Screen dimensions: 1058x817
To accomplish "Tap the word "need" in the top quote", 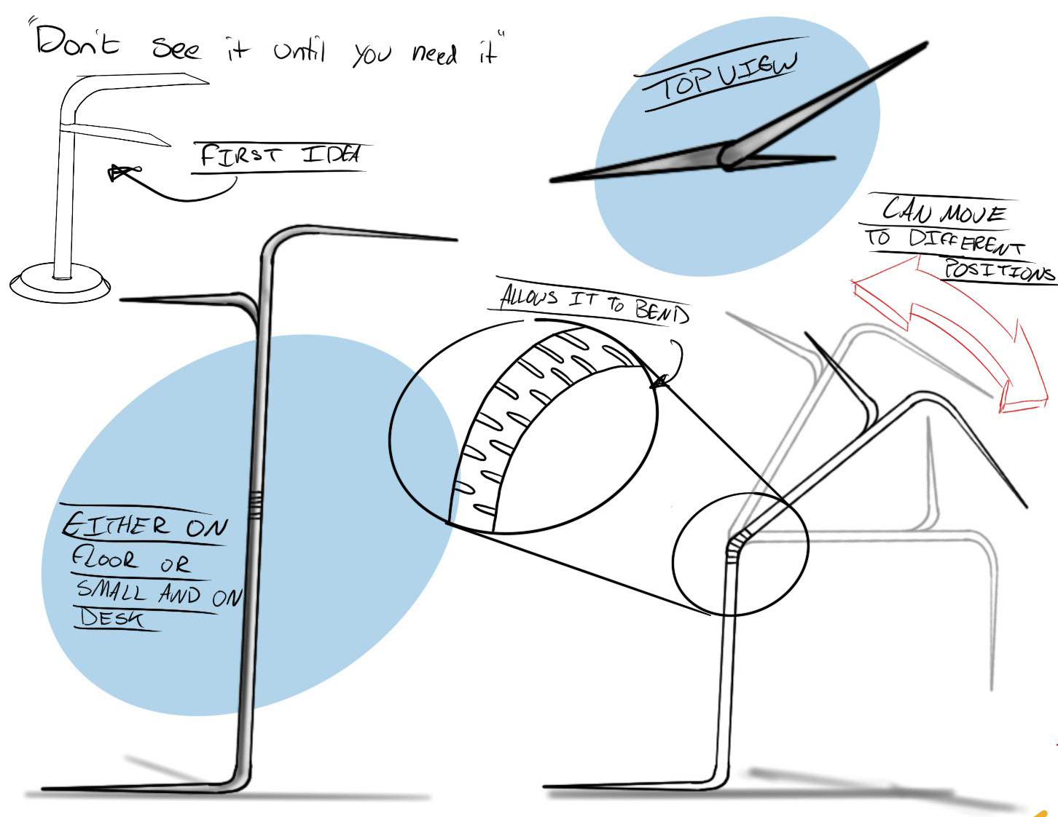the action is coord(434,53).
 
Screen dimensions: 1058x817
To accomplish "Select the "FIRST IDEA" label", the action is coord(281,156).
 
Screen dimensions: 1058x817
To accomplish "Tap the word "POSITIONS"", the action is coord(998,271).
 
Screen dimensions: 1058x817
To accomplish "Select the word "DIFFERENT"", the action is coord(966,240).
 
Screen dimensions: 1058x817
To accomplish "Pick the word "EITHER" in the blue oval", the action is coord(115,525).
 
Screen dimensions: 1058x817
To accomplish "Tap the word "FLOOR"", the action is coord(103,559).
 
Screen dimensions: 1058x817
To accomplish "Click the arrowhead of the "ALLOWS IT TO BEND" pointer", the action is coord(658,381).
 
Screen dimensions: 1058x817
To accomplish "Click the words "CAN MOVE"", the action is coord(944,212).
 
